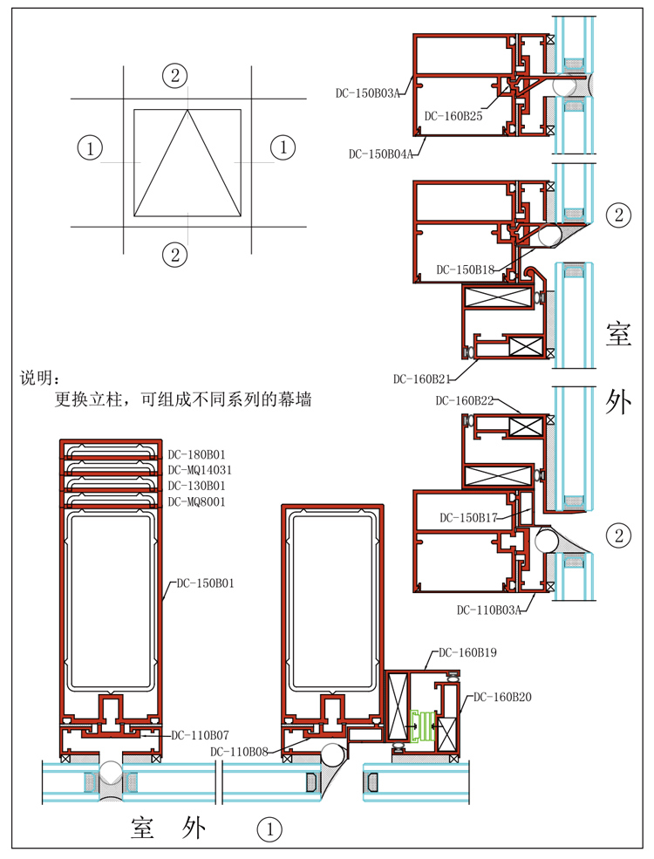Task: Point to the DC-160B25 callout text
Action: tap(453, 114)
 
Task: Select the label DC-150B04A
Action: tap(381, 154)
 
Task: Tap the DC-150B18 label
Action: tap(466, 269)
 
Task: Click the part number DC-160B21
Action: tap(422, 378)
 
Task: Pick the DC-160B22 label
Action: tap(465, 400)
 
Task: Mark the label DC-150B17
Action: tap(468, 517)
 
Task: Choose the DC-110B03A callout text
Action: tap(488, 610)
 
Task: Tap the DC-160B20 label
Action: tap(502, 697)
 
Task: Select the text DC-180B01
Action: tap(198, 453)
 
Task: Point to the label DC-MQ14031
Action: tap(201, 469)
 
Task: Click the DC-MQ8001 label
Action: tap(198, 501)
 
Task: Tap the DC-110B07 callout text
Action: tap(200, 735)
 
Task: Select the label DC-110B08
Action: tap(239, 751)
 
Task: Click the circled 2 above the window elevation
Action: tap(174, 75)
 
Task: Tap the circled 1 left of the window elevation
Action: tap(91, 147)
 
